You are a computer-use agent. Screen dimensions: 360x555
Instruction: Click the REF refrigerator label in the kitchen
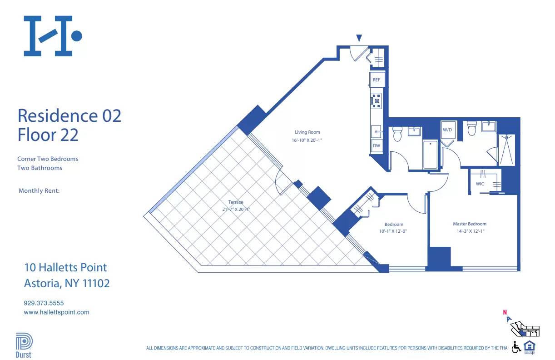[376, 80]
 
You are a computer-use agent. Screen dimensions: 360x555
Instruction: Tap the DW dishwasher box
[376, 146]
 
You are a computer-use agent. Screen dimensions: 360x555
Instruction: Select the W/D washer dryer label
[447, 130]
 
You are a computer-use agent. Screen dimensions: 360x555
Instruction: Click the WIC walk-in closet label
[480, 184]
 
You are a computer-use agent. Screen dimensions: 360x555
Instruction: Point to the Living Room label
[307, 132]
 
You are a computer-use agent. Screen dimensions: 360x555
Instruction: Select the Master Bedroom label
[469, 224]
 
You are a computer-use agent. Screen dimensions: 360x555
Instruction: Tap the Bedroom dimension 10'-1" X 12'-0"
[394, 232]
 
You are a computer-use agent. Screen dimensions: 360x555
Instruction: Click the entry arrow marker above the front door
[359, 38]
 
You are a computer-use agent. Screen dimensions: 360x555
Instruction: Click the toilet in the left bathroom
[397, 132]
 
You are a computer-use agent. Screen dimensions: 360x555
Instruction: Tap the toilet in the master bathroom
[471, 128]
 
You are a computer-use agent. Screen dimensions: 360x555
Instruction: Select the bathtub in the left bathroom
[430, 154]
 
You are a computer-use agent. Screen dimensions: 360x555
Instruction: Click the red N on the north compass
[505, 312]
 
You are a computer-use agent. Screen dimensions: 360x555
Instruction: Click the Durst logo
[23, 345]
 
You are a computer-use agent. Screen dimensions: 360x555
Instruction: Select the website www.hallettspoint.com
[56, 312]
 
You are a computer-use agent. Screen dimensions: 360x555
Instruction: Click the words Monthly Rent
[39, 191]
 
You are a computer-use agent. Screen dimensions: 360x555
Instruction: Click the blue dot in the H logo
[77, 35]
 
